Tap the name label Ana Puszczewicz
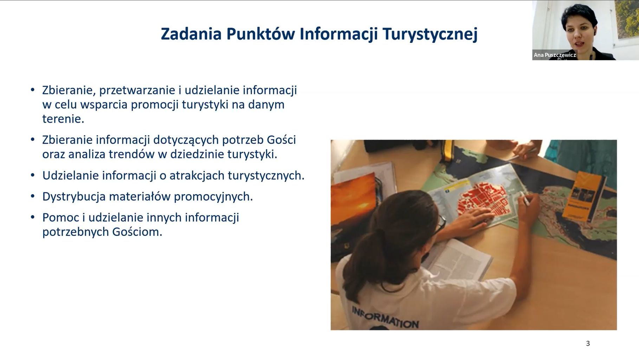tap(555, 55)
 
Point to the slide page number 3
tap(588, 343)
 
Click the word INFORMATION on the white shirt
tap(385, 317)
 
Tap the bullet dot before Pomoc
tap(33, 217)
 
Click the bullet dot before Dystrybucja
tap(33, 196)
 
